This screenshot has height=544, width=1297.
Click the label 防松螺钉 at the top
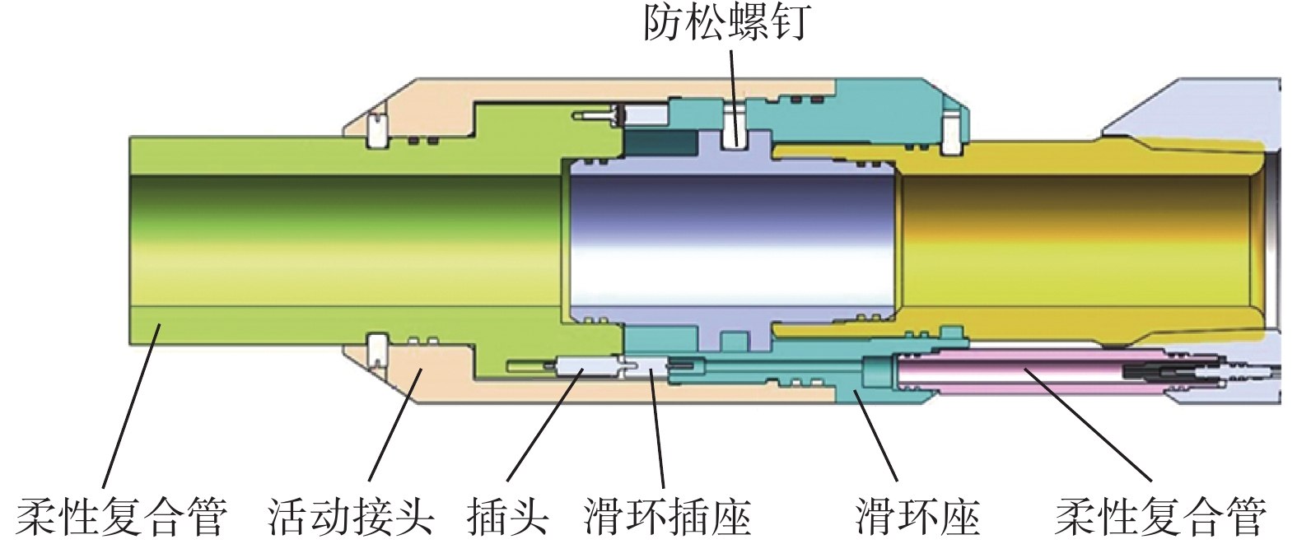coord(727,23)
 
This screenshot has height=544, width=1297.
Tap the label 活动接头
coord(351,517)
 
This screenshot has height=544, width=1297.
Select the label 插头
coord(507,517)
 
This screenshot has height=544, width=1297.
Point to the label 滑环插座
coord(668,517)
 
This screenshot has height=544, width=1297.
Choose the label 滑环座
coord(917,517)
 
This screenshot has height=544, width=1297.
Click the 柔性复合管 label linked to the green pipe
coord(122,517)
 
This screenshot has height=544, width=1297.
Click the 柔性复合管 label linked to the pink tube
coord(1160,517)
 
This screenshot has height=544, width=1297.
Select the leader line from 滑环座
coord(875,436)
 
